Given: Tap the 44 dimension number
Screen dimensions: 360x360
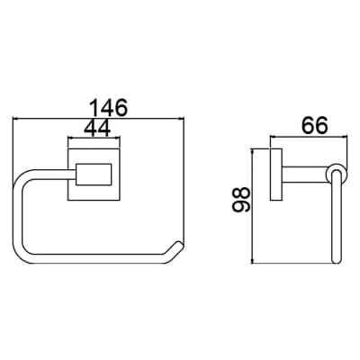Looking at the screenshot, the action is click(97, 129).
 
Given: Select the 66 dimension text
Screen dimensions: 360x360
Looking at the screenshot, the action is click(315, 125).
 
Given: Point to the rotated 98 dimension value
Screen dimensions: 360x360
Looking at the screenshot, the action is click(240, 200).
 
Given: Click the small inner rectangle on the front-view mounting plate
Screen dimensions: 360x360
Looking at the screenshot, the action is click(94, 175).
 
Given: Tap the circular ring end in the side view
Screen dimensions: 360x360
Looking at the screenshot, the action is click(337, 174).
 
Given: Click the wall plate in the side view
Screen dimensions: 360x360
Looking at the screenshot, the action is click(276, 175).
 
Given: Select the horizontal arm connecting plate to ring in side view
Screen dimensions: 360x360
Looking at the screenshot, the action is click(304, 175).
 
